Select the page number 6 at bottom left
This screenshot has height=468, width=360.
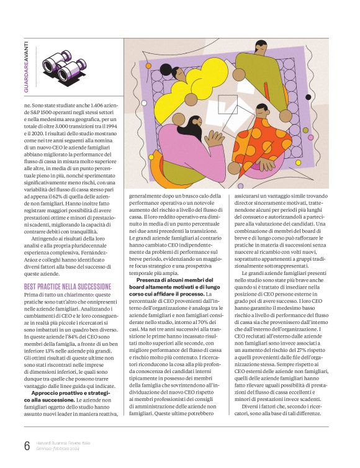pos(27,446)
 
